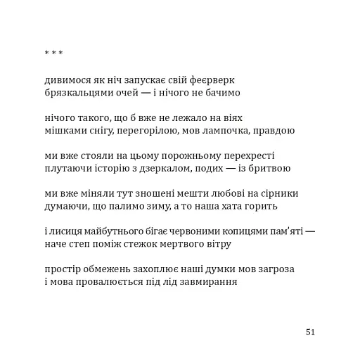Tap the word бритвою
pyautogui.click(x=268, y=169)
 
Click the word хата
pyautogui.click(x=229, y=207)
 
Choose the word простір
pyautogui.click(x=63, y=270)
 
